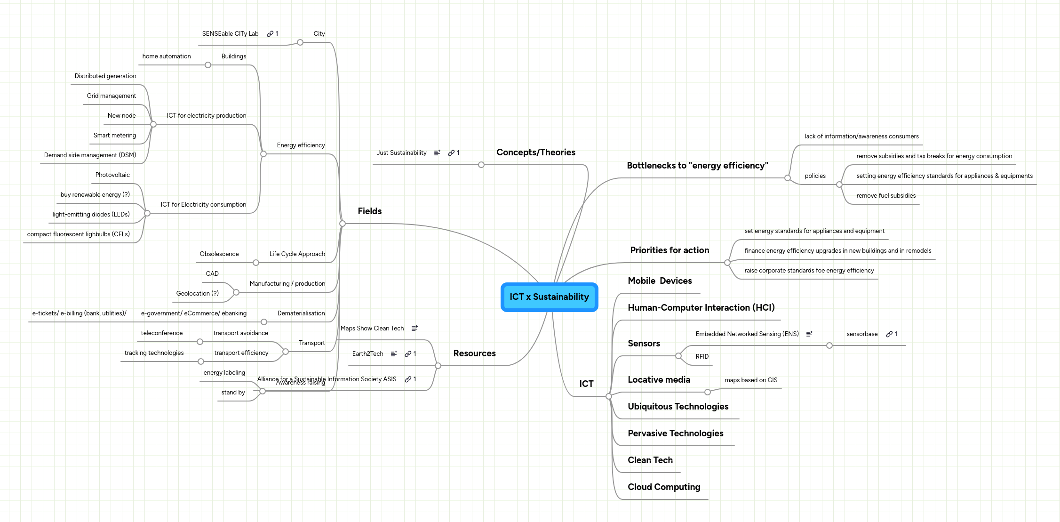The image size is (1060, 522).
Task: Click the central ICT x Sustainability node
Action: coord(549,297)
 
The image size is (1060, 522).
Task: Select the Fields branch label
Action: coord(369,211)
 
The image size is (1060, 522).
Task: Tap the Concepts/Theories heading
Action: coord(535,153)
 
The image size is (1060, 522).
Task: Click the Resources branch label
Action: coord(474,353)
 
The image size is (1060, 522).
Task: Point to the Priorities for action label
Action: coord(669,250)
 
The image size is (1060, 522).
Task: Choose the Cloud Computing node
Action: coord(663,487)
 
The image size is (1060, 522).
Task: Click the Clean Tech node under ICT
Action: coord(650,460)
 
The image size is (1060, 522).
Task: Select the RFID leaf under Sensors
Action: coord(702,357)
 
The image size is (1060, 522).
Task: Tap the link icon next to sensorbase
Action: coord(889,334)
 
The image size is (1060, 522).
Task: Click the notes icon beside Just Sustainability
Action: coord(437,153)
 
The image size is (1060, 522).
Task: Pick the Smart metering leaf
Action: coord(114,136)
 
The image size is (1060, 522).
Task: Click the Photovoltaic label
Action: coord(112,175)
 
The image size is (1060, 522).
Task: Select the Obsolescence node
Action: coord(219,254)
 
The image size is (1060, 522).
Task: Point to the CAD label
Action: coord(212,274)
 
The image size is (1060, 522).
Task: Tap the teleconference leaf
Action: coord(161,333)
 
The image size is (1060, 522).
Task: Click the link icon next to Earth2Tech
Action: coord(408,354)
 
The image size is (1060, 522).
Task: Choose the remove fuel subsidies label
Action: coord(885,196)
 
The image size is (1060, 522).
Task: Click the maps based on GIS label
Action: coord(751,380)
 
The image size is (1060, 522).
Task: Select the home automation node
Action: coord(167,56)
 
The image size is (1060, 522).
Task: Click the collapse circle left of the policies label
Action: coord(788,178)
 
